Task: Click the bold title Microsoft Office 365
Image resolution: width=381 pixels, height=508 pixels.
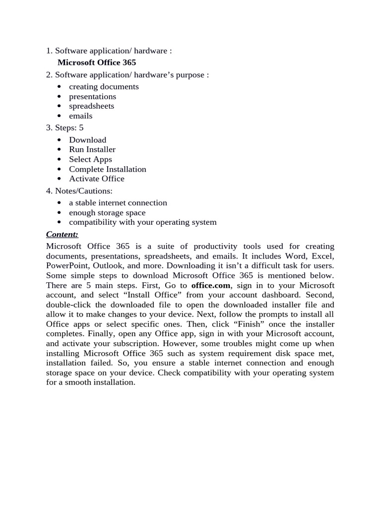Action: (x=96, y=63)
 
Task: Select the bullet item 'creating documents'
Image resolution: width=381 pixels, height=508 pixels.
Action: (x=104, y=87)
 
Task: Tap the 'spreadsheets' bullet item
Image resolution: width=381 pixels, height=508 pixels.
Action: (x=91, y=106)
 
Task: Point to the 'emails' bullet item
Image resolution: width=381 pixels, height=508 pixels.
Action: (x=80, y=116)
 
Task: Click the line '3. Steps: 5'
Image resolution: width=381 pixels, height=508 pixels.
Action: (x=64, y=128)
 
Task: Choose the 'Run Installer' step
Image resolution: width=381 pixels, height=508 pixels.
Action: (x=92, y=149)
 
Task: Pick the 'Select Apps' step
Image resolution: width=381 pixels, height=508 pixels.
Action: (x=90, y=159)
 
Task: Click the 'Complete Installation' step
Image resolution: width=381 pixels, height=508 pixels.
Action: (x=107, y=169)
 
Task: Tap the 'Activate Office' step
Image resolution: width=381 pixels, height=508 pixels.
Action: (x=96, y=179)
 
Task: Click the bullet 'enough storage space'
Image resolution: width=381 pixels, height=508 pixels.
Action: (x=107, y=213)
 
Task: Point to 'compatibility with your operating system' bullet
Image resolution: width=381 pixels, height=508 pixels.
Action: (x=142, y=222)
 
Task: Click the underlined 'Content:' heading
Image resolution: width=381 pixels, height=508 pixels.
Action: (x=62, y=234)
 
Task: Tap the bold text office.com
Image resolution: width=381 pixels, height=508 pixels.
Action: (x=211, y=285)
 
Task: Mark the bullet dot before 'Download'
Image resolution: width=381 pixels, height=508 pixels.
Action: (x=59, y=140)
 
